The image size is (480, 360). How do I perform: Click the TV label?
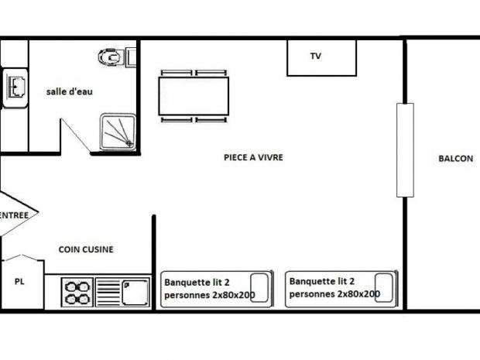tap(316, 56)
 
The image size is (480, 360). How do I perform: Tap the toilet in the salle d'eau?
tap(111, 57)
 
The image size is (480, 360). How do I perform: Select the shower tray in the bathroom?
tap(118, 132)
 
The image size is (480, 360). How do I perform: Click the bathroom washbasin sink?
tap(16, 87)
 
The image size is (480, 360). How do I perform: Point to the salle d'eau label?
tap(70, 91)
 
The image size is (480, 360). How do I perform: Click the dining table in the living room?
tap(194, 96)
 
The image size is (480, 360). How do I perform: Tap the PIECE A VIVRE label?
tap(253, 157)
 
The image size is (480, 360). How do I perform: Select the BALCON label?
tap(456, 159)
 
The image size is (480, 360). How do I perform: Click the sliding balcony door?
tap(406, 150)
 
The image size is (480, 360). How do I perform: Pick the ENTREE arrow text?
tap(14, 215)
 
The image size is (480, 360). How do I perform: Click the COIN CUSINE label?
tap(86, 249)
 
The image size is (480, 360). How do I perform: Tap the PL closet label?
tap(19, 281)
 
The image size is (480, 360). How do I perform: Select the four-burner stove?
tap(77, 292)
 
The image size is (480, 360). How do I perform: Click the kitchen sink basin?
tap(135, 293)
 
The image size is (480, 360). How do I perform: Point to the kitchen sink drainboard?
tap(108, 293)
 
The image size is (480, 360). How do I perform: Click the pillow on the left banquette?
tap(259, 288)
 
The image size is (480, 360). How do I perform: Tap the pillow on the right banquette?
tap(384, 287)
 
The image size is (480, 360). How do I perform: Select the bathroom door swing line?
tap(75, 135)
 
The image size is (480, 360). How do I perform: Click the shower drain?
tap(129, 143)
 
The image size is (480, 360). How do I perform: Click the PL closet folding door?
tap(22, 258)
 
